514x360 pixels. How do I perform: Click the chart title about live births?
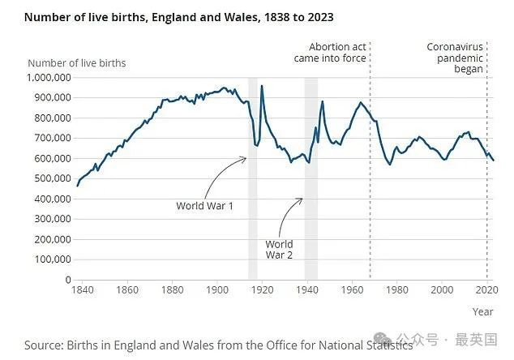(179, 17)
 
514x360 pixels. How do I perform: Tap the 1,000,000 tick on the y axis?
(49, 78)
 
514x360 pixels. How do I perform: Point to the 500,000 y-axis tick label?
(53, 178)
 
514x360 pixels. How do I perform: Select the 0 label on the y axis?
(68, 280)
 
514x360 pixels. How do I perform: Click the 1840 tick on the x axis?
(82, 290)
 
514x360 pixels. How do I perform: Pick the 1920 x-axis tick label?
(262, 290)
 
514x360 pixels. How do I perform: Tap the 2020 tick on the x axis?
(487, 290)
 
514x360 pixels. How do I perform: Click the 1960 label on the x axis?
(352, 290)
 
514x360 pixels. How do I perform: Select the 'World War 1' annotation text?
(204, 206)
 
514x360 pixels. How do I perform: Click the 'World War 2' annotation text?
(279, 250)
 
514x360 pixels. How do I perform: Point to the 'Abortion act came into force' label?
(330, 53)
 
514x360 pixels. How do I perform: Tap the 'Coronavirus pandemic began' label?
(455, 58)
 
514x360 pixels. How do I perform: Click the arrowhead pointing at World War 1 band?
(245, 159)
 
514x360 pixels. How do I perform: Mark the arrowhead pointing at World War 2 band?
(300, 199)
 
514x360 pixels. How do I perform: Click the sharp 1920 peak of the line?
(262, 86)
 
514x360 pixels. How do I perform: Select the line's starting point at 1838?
(77, 186)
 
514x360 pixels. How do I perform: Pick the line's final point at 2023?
(494, 161)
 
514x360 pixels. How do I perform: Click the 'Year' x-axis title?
(482, 312)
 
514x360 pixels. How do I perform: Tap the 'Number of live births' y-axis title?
(77, 63)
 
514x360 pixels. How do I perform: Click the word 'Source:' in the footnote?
(44, 345)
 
